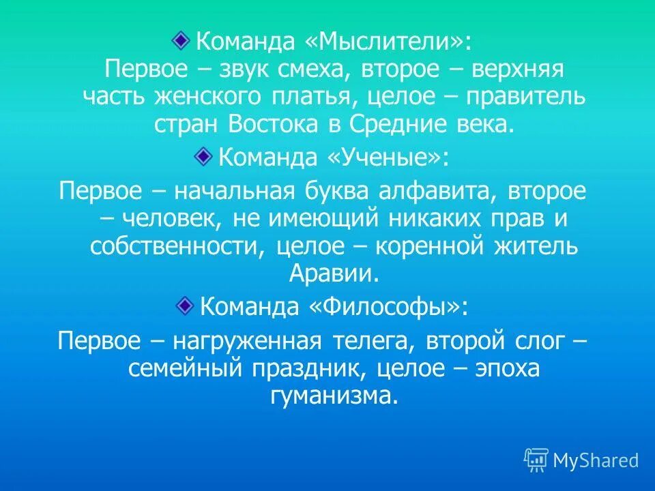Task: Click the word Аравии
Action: pyautogui.click(x=334, y=273)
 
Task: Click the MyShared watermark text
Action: pyautogui.click(x=595, y=461)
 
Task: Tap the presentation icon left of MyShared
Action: pyautogui.click(x=536, y=461)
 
